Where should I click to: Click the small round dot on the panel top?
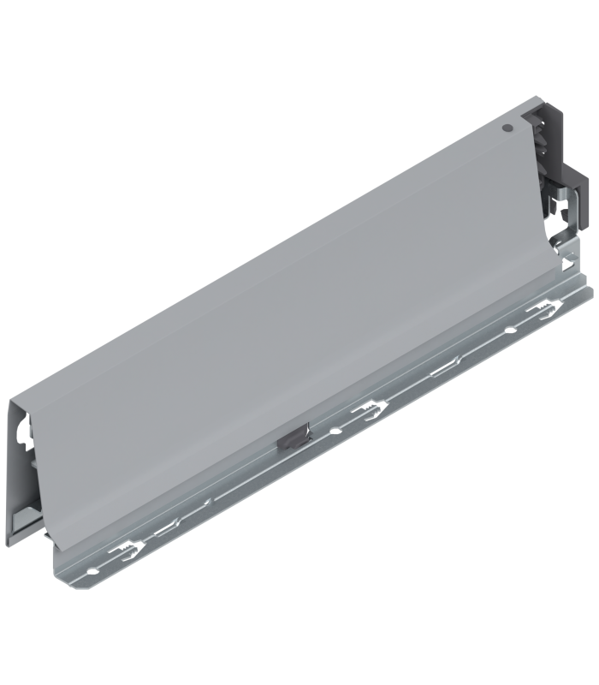coord(507,129)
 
